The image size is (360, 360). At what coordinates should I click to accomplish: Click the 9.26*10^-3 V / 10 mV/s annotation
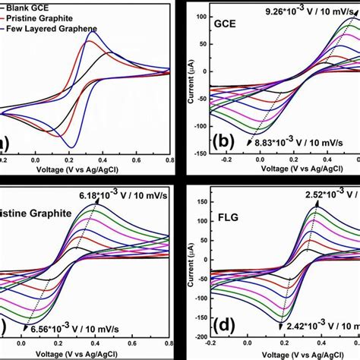pyautogui.click(x=307, y=11)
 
